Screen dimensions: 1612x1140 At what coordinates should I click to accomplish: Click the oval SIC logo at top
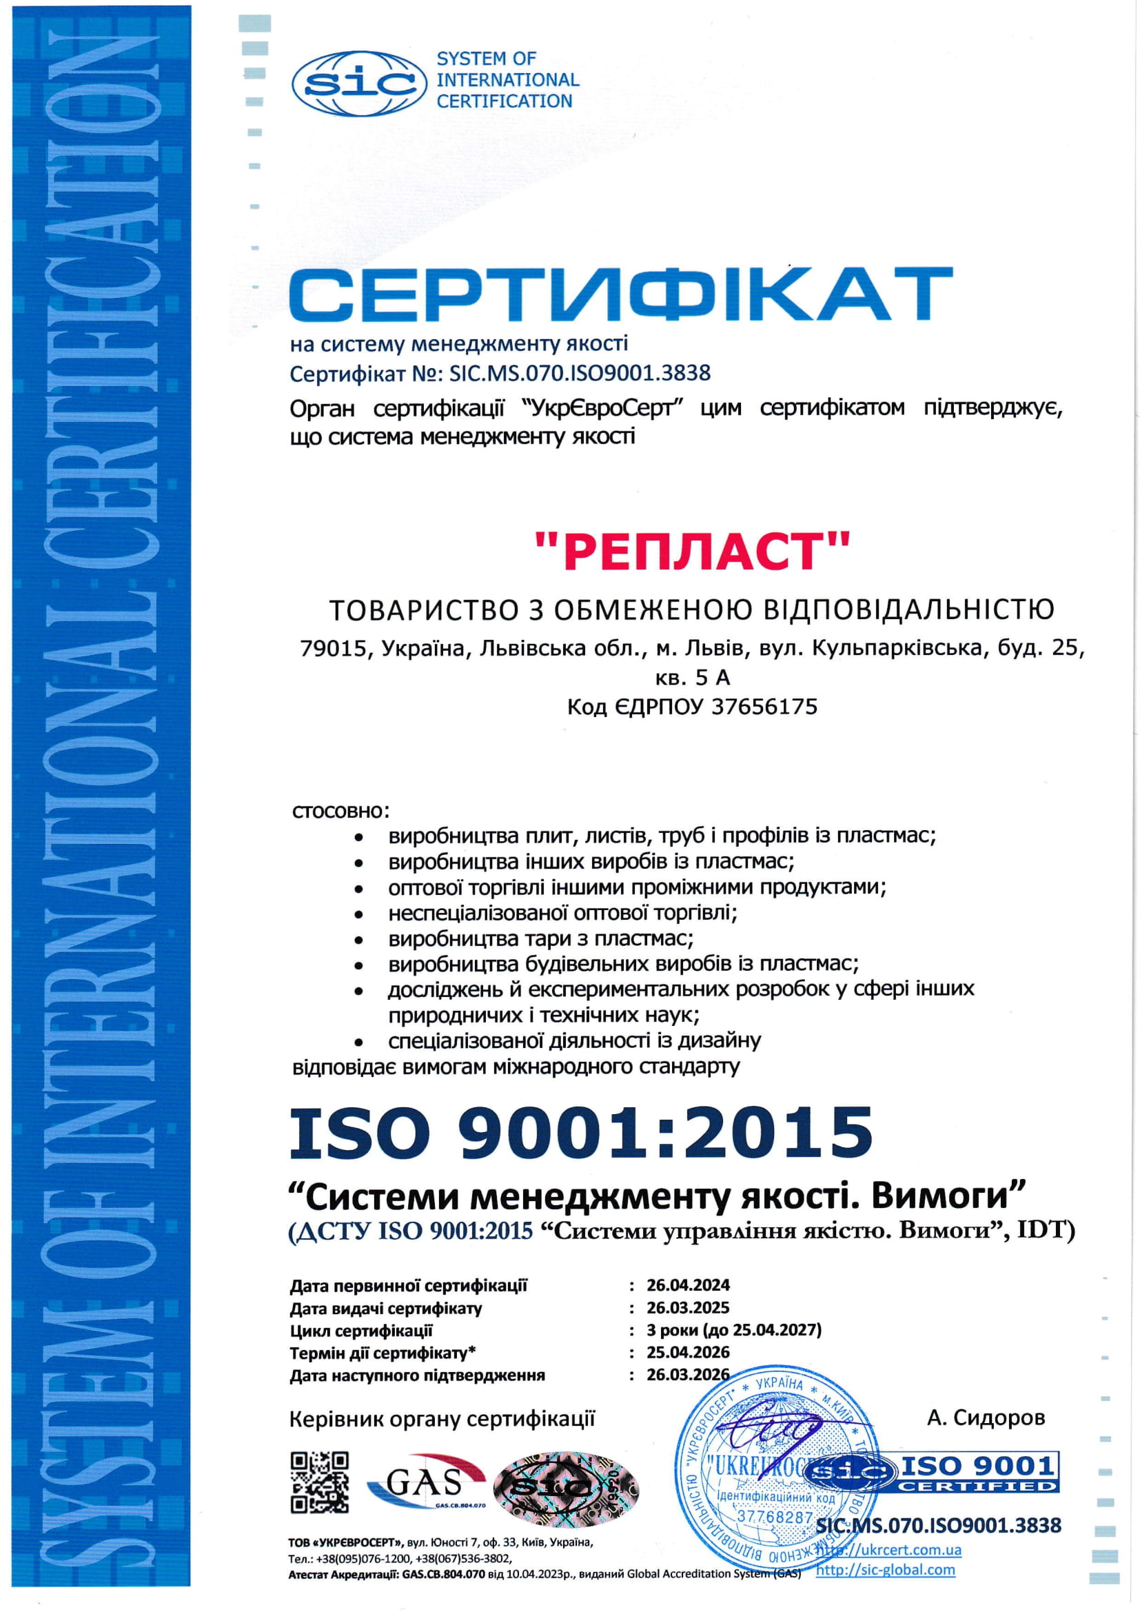[358, 84]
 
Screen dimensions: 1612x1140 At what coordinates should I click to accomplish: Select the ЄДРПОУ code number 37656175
[764, 706]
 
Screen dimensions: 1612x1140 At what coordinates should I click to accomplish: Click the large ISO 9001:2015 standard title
[581, 1133]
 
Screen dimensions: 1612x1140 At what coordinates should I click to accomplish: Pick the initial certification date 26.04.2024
[688, 1285]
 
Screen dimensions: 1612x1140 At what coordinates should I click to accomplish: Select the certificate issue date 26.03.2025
[688, 1308]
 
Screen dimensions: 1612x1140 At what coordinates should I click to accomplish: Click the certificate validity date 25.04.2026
[688, 1352]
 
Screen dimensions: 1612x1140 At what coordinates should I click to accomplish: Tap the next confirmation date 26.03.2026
[688, 1375]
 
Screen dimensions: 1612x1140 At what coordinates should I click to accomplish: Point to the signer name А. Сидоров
[986, 1418]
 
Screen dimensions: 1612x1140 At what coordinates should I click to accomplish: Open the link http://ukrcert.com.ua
[888, 1550]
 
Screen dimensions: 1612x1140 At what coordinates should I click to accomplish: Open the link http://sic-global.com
[885, 1570]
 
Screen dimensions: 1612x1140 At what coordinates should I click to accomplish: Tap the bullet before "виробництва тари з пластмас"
[358, 939]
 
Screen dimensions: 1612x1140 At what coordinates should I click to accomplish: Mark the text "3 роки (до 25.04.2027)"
[733, 1330]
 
